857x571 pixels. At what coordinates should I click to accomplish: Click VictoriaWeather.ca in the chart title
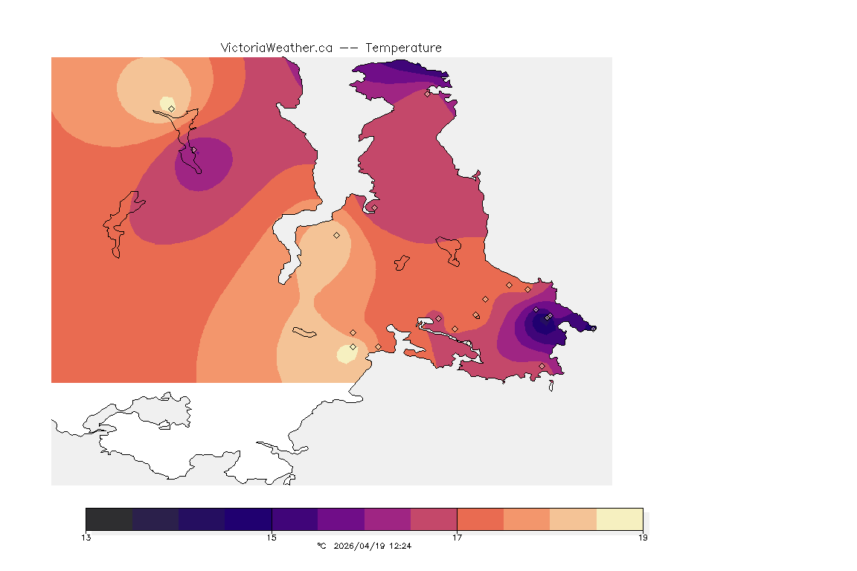click(276, 48)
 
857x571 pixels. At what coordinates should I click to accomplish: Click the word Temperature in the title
click(403, 48)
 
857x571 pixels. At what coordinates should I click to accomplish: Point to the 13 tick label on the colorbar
click(86, 538)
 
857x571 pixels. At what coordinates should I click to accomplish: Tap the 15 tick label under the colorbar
click(272, 538)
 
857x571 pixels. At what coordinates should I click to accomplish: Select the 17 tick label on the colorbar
click(457, 538)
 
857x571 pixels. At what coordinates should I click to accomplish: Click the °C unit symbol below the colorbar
click(321, 546)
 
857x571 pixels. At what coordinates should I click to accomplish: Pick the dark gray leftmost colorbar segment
click(109, 518)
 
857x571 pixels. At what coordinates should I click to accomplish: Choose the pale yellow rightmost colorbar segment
click(620, 518)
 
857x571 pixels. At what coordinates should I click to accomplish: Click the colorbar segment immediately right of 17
click(480, 518)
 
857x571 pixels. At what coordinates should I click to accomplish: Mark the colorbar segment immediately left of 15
click(248, 518)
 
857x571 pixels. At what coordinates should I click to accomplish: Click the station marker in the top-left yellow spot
click(171, 109)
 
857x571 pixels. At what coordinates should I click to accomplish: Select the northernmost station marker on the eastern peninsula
click(427, 94)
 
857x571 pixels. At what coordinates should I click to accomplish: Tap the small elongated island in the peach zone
click(306, 332)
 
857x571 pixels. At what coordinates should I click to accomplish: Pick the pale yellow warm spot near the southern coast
click(347, 352)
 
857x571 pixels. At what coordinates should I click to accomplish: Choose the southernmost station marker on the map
click(542, 366)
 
